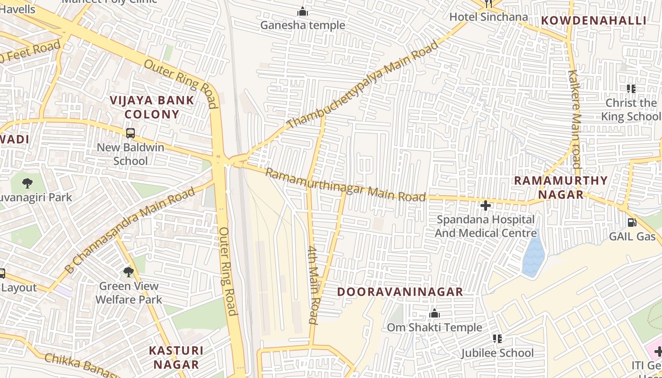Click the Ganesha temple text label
[x=303, y=25]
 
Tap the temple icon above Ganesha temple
[x=303, y=11]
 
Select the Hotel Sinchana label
[x=488, y=17]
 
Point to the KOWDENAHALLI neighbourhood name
[x=593, y=20]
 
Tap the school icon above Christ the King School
[x=631, y=89]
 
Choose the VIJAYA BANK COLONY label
[x=152, y=107]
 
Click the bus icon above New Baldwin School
[x=131, y=133]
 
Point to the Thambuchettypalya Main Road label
[x=362, y=85]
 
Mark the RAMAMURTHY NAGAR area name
[x=561, y=187]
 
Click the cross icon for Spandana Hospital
[x=485, y=206]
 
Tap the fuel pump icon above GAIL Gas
[x=632, y=223]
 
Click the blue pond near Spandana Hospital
[x=533, y=258]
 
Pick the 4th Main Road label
[x=313, y=284]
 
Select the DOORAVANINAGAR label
[x=400, y=292]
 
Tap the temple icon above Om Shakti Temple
[x=434, y=314]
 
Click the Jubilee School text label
[x=497, y=353]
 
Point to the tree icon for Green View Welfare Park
[x=128, y=272]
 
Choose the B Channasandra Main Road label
[x=130, y=231]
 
